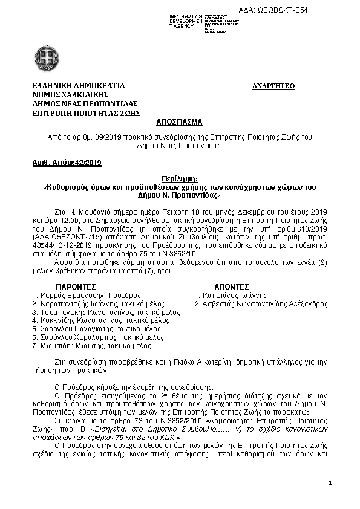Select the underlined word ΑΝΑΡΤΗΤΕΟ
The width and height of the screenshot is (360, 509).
[x=273, y=86]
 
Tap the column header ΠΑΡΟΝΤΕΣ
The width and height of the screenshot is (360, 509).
[x=76, y=286]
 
